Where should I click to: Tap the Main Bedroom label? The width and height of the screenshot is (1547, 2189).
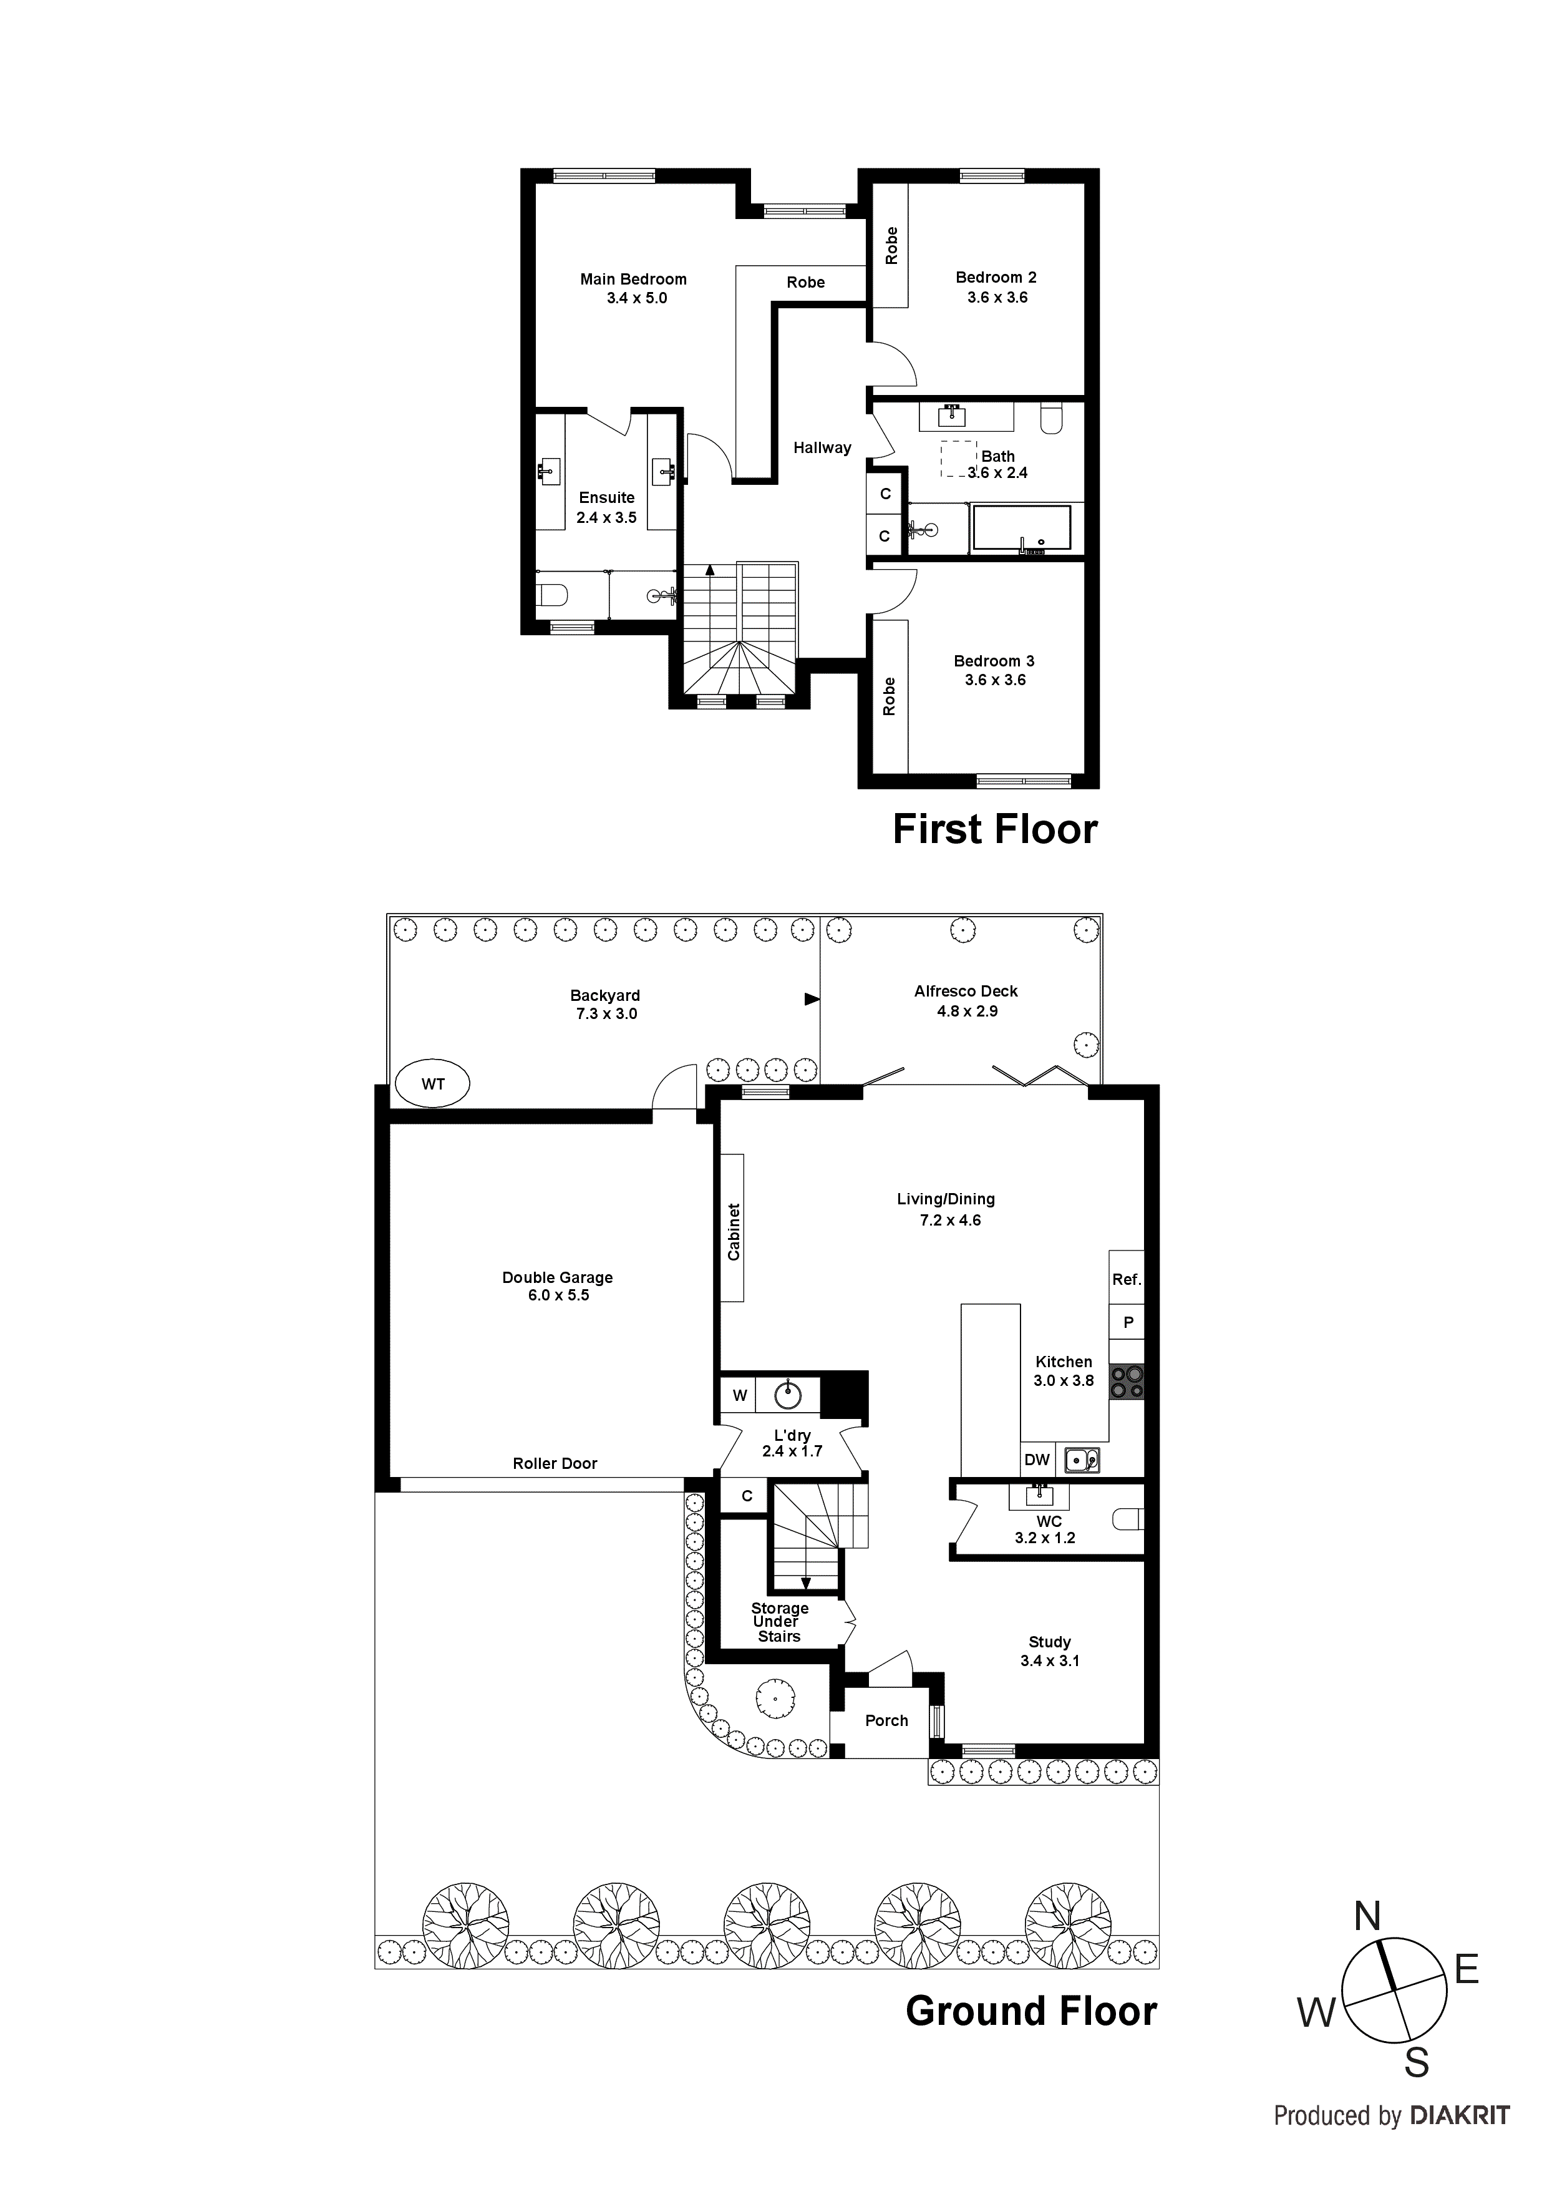coord(633,280)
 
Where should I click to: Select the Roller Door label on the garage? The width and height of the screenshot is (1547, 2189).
coord(554,1463)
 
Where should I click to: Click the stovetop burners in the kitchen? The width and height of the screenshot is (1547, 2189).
coord(1126,1382)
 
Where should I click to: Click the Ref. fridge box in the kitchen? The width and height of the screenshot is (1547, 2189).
coord(1126,1279)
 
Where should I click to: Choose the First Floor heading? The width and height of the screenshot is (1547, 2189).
coord(994,829)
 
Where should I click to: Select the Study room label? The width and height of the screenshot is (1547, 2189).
coord(1049,1642)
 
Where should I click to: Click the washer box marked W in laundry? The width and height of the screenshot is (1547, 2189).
coord(740,1396)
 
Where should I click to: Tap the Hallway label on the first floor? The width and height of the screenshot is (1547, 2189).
coord(822,447)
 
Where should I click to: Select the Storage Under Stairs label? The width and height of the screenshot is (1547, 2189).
coord(778,1622)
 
